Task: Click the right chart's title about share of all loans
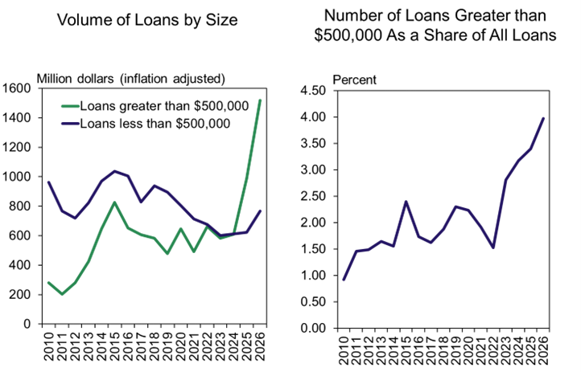click(x=439, y=27)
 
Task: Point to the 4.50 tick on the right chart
click(x=314, y=91)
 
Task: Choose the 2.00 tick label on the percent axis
click(x=314, y=223)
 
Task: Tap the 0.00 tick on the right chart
click(x=314, y=329)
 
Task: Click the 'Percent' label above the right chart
click(x=354, y=80)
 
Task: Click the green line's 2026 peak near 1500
click(x=261, y=100)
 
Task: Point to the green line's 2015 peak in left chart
click(x=116, y=202)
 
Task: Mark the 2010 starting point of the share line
click(x=344, y=280)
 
